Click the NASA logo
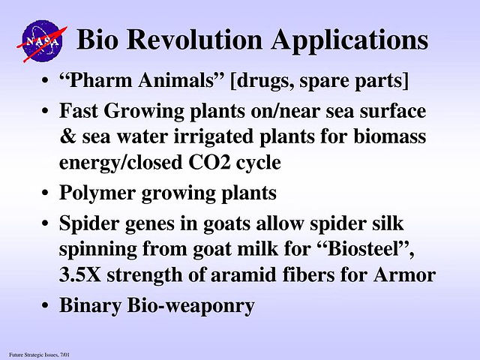tap(42, 41)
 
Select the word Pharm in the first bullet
tap(97, 80)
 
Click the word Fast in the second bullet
tap(78, 111)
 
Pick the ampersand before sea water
tap(67, 136)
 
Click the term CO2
tap(209, 163)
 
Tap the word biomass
tap(390, 136)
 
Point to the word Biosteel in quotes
tap(367, 248)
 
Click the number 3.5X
tap(80, 274)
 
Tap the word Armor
tap(405, 274)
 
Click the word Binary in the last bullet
tap(90, 306)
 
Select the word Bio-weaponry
tap(190, 306)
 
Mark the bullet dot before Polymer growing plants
tap(45, 193)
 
